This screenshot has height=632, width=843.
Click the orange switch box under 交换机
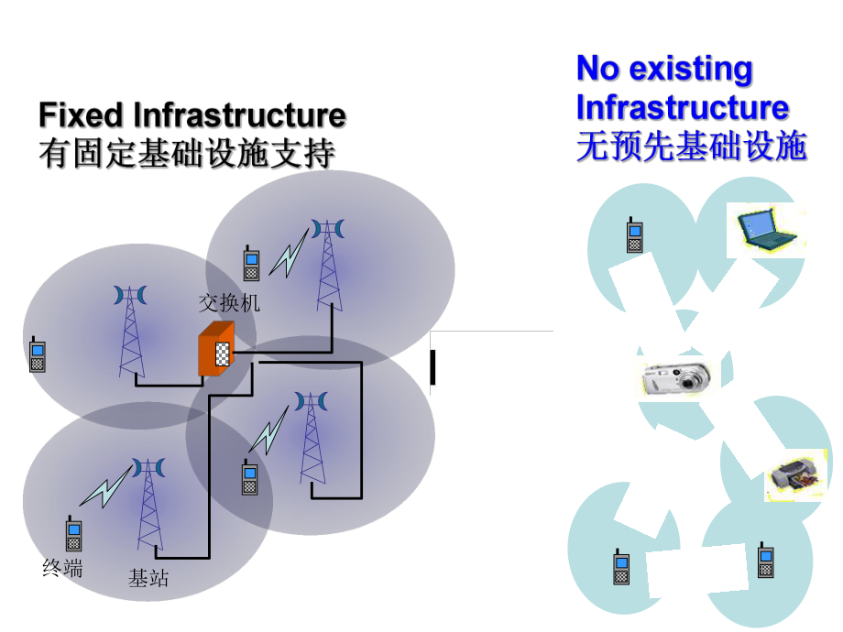coord(216,349)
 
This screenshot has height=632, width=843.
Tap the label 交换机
coord(229,302)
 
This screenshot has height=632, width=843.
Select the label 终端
coord(62,568)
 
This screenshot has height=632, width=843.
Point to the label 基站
coord(148,578)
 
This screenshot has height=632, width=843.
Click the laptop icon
coord(767,229)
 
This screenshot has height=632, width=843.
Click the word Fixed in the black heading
coord(81,115)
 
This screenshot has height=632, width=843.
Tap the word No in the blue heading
coord(597,68)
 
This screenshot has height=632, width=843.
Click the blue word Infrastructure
coord(682,107)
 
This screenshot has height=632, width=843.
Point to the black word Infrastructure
coord(239,115)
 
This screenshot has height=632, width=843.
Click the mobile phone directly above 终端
coord(73,534)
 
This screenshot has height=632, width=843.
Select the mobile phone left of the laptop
coord(633,234)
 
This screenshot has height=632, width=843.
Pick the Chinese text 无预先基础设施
coord(691,147)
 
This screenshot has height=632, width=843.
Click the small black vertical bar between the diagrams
coord(432,366)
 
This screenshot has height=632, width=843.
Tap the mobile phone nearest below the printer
coord(766,560)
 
